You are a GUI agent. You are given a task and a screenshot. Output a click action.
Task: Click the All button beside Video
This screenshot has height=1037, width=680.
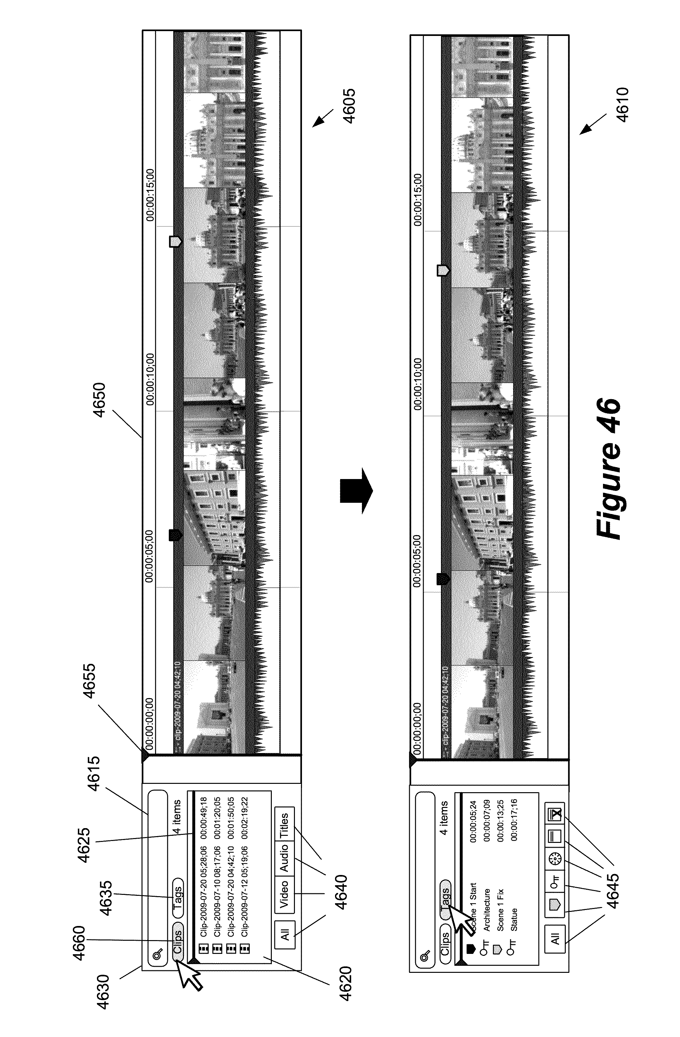pyautogui.click(x=285, y=934)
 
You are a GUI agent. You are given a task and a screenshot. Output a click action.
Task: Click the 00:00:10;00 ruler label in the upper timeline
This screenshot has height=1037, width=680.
pyautogui.click(x=150, y=379)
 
